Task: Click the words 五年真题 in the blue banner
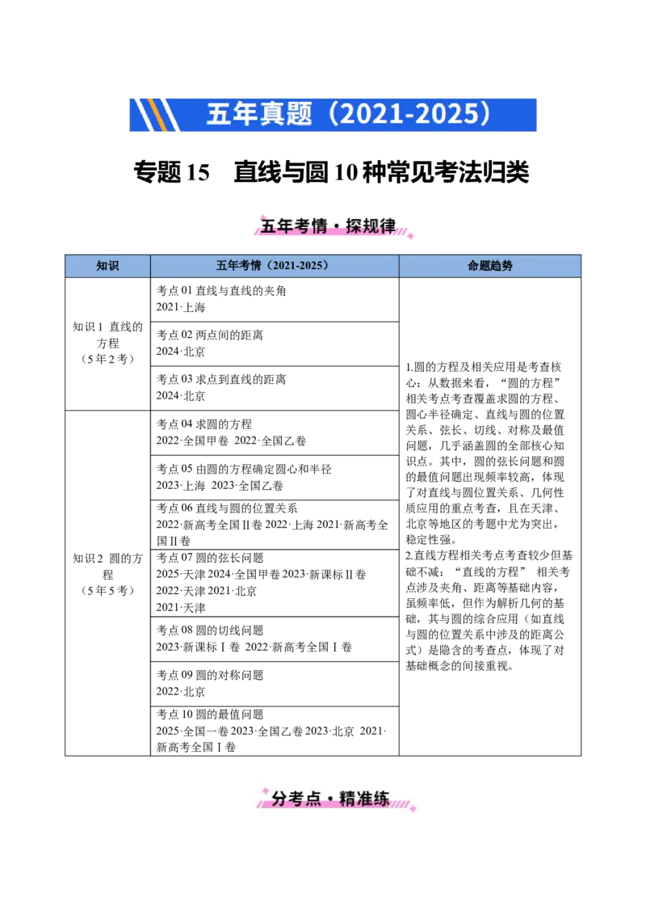(258, 114)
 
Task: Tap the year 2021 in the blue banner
(367, 114)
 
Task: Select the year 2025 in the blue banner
(447, 114)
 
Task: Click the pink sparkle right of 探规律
(410, 235)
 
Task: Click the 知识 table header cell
(107, 266)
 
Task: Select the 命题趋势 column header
(489, 266)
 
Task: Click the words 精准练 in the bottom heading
(364, 799)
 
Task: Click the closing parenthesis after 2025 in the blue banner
(484, 114)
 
